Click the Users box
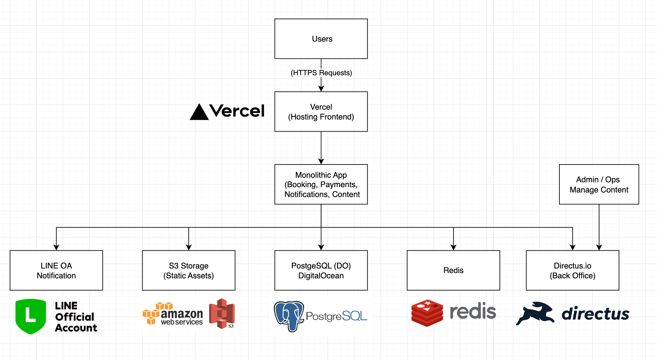click(x=321, y=39)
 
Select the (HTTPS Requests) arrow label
click(x=321, y=73)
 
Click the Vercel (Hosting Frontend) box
click(x=321, y=112)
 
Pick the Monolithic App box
click(x=321, y=185)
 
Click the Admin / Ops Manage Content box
click(x=599, y=185)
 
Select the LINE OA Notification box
click(x=56, y=270)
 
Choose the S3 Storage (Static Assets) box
click(x=188, y=270)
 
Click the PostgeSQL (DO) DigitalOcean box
click(x=321, y=270)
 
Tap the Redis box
click(x=453, y=270)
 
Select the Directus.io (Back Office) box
click(x=572, y=270)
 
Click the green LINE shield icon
click(x=31, y=316)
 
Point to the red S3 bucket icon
click(x=222, y=313)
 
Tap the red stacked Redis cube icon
click(x=427, y=313)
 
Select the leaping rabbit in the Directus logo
click(x=535, y=313)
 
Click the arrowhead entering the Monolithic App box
click(x=321, y=161)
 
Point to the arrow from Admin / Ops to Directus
click(x=599, y=227)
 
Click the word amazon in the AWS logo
click(x=182, y=314)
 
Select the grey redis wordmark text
click(x=473, y=312)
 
